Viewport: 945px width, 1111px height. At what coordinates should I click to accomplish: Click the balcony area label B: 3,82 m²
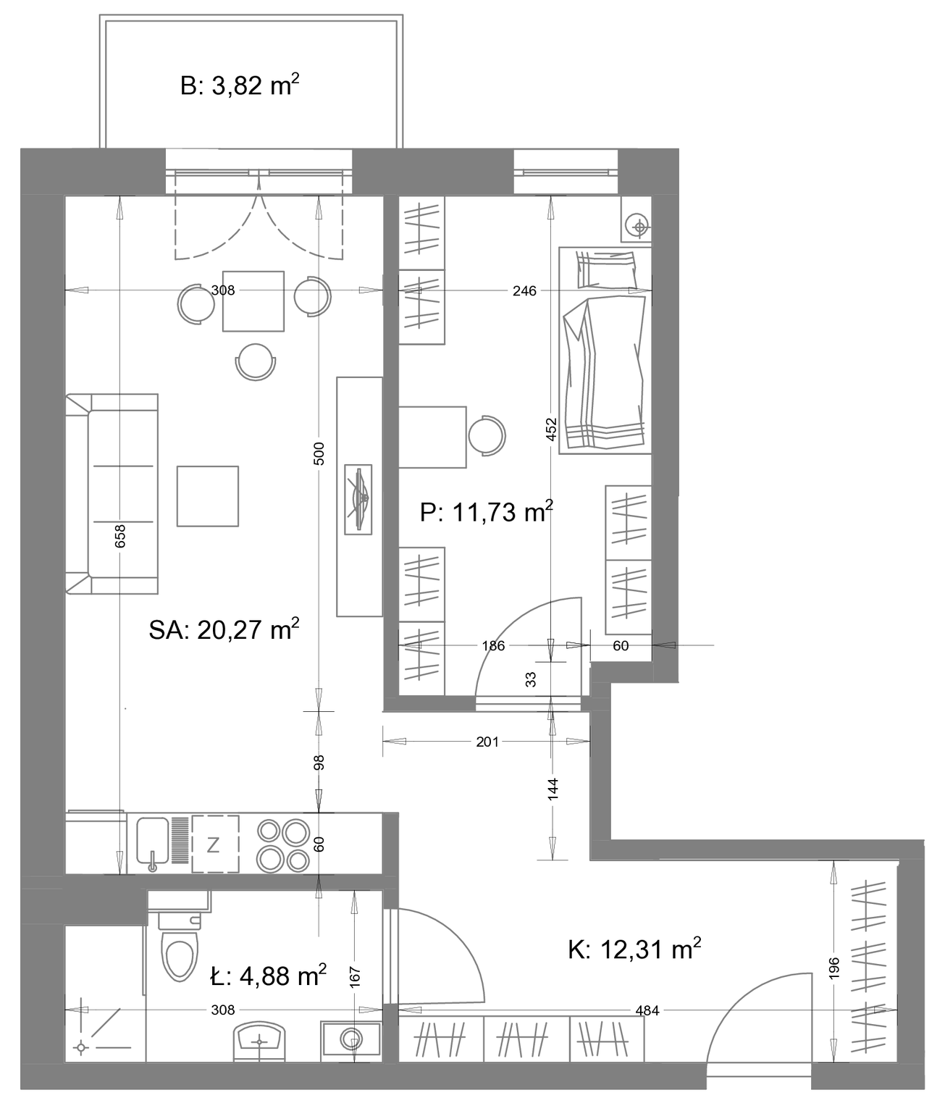pyautogui.click(x=239, y=85)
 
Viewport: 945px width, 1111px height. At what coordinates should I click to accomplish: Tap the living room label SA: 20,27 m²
pyautogui.click(x=224, y=629)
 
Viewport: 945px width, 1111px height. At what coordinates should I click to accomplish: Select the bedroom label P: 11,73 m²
pyautogui.click(x=487, y=512)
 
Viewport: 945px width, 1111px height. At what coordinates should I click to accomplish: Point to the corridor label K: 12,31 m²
pyautogui.click(x=634, y=949)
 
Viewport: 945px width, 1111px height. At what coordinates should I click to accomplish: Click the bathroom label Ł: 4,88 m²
pyautogui.click(x=268, y=976)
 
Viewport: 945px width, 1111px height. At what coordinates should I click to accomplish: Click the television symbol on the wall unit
pyautogui.click(x=358, y=499)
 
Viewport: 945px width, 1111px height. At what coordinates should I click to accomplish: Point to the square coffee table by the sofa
pyautogui.click(x=208, y=496)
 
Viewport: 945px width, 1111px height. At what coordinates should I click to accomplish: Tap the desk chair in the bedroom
pyautogui.click(x=487, y=435)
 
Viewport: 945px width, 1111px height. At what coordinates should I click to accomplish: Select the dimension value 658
pyautogui.click(x=120, y=536)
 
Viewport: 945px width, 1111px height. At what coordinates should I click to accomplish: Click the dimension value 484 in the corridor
pyautogui.click(x=647, y=1010)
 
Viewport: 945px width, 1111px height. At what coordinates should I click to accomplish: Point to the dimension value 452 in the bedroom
pyautogui.click(x=552, y=429)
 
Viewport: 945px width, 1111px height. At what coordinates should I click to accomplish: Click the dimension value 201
pyautogui.click(x=487, y=742)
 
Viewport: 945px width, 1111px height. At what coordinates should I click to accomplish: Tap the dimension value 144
pyautogui.click(x=553, y=789)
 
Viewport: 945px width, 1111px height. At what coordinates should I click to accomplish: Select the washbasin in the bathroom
pyautogui.click(x=259, y=1041)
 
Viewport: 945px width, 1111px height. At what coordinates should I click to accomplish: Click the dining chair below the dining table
pyautogui.click(x=256, y=361)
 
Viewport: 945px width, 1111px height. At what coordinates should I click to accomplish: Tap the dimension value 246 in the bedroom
pyautogui.click(x=525, y=290)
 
